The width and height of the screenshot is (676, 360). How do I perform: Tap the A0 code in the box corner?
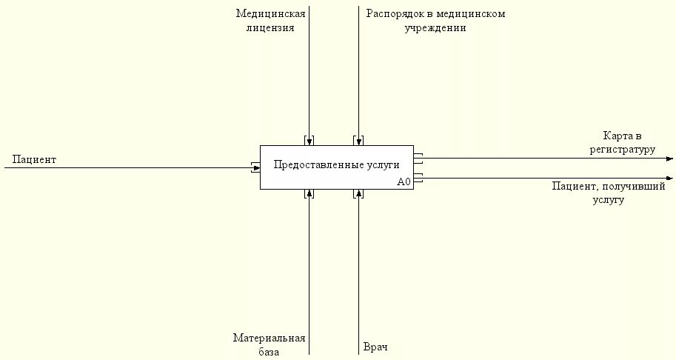click(x=404, y=181)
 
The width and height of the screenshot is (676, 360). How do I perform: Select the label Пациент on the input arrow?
click(x=34, y=159)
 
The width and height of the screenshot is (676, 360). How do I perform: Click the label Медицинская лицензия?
click(x=270, y=21)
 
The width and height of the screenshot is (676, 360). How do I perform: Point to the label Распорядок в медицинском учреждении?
click(x=435, y=21)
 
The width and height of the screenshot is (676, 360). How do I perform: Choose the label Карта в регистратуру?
click(x=622, y=142)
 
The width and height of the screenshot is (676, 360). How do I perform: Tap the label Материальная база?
click(x=269, y=345)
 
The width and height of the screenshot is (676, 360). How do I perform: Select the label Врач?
click(x=375, y=347)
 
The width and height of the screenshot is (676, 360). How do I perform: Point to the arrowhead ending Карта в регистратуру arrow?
click(x=669, y=158)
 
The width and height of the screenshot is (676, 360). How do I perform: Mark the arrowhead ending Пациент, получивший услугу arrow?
click(x=669, y=178)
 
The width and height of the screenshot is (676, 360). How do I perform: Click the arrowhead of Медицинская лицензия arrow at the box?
click(x=309, y=142)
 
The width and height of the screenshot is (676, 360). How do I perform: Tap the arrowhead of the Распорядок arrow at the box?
click(x=358, y=142)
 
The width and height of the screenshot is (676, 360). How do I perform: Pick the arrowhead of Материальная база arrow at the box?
click(x=309, y=193)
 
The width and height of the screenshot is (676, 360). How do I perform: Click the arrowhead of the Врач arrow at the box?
click(x=358, y=193)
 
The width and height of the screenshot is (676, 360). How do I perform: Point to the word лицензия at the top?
click(x=270, y=28)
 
